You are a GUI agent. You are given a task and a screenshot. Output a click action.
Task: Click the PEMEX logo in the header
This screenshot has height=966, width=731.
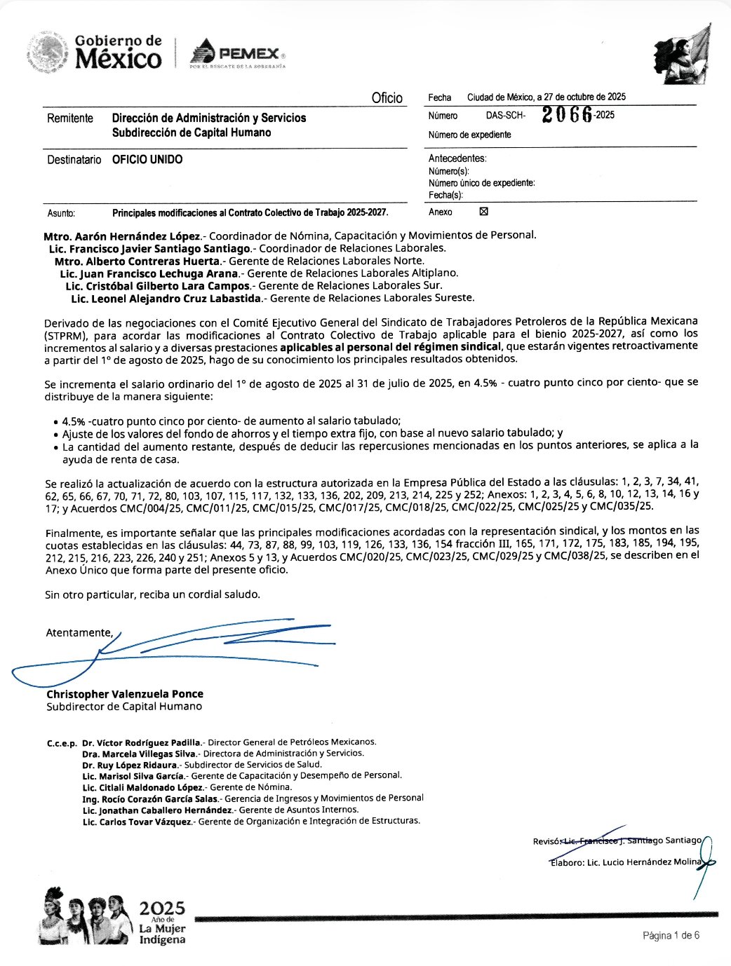(x=237, y=54)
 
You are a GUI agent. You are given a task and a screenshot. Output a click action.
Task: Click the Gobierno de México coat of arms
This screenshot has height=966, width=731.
(x=48, y=53)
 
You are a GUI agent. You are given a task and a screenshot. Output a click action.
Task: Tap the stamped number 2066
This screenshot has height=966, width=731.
(x=567, y=116)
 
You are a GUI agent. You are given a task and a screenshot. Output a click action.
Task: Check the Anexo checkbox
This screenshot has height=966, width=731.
(x=483, y=212)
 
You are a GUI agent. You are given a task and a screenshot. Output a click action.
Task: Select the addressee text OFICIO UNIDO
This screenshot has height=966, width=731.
(x=147, y=160)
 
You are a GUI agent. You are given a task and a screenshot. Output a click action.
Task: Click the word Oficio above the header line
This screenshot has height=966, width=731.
(x=387, y=98)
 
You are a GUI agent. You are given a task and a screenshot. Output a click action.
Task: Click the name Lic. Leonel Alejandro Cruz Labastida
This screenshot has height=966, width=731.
(x=166, y=299)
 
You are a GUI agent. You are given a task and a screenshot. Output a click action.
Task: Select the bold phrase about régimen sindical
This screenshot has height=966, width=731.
(x=391, y=346)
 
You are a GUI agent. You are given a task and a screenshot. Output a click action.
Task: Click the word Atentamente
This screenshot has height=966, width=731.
(x=79, y=633)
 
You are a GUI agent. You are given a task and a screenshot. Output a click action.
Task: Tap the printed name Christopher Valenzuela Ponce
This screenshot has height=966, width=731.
(x=125, y=694)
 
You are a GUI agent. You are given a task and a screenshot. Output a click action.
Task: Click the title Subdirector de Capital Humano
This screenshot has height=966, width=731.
(x=124, y=707)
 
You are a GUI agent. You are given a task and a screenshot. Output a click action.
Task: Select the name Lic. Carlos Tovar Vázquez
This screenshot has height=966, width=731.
(x=138, y=821)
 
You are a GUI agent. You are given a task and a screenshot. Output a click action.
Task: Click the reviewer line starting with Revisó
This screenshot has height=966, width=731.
(x=617, y=841)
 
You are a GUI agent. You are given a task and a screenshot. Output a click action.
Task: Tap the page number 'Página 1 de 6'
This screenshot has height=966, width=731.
(x=671, y=935)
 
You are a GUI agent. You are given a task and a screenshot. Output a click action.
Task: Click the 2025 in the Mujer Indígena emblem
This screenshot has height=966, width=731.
(x=162, y=909)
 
